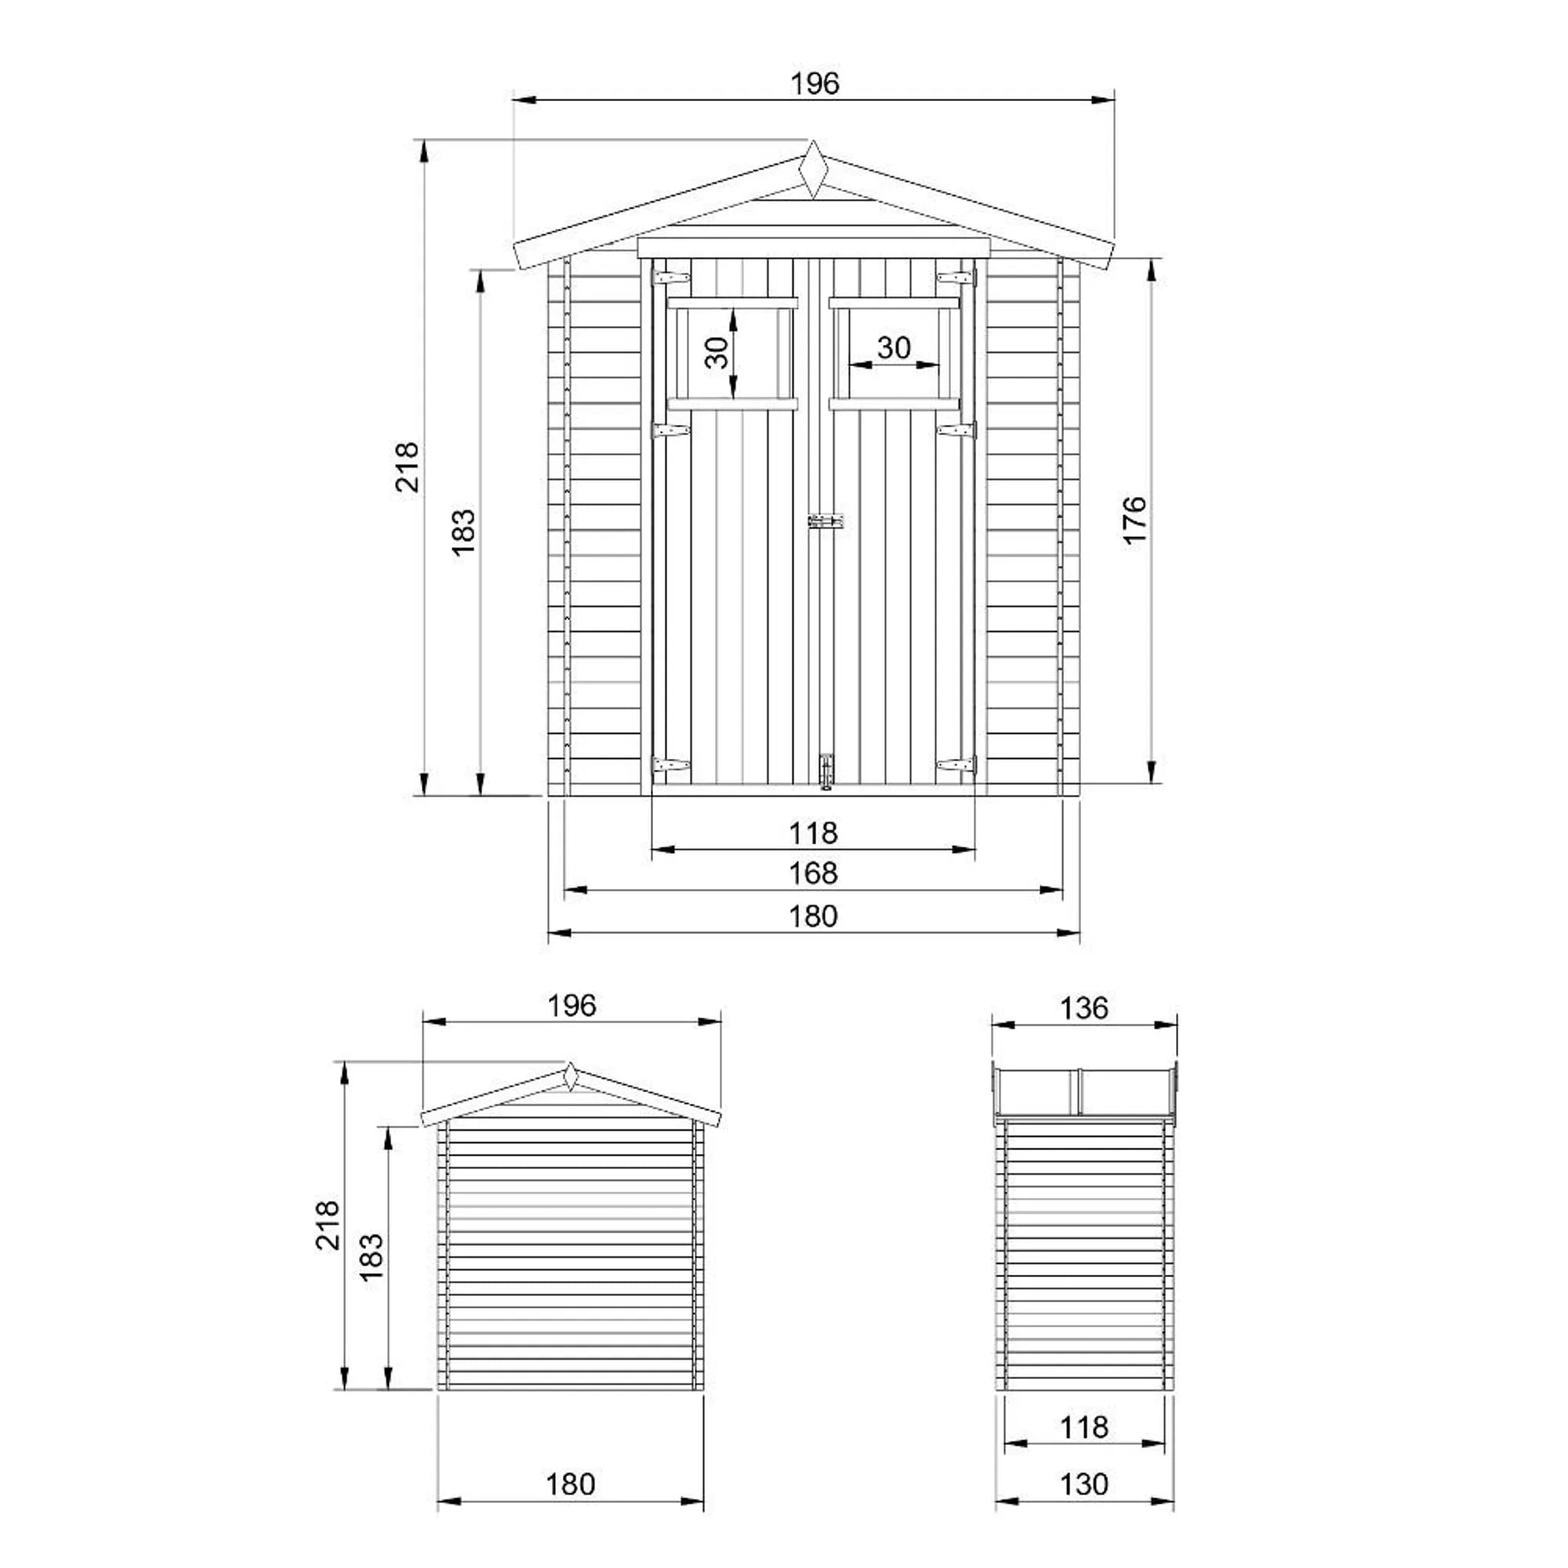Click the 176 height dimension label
(1134, 520)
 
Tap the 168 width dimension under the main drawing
(812, 874)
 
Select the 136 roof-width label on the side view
(1083, 1008)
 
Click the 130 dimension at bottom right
(1083, 1485)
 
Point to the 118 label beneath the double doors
(812, 833)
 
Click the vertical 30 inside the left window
(717, 352)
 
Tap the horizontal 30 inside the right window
(893, 348)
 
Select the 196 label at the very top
(814, 83)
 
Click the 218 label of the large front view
(407, 467)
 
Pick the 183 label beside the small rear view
(371, 1257)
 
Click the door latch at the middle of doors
(825, 522)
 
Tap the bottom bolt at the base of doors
(826, 770)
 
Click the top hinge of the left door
(671, 278)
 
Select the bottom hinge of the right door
(956, 765)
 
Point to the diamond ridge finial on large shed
(812, 170)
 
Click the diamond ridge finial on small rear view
(570, 1076)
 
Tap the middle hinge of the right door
(956, 430)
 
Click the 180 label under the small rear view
(570, 1485)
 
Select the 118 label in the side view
(1083, 1427)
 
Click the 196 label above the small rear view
(571, 1005)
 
